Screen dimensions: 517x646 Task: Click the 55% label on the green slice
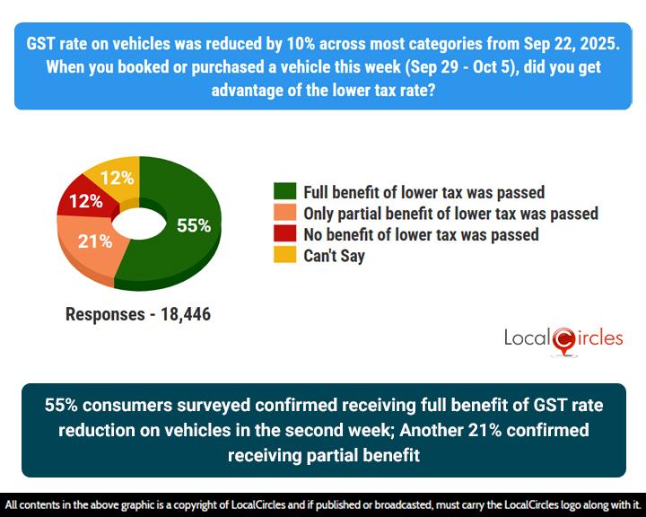coord(193,225)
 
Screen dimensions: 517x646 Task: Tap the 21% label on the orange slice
coord(94,241)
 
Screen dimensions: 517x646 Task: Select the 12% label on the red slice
coord(85,202)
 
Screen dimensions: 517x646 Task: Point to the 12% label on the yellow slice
coord(118,178)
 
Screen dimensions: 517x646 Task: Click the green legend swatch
coord(284,192)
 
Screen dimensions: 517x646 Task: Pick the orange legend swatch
coord(284,214)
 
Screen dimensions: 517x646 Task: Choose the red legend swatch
coord(284,234)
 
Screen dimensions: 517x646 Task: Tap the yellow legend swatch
coord(284,256)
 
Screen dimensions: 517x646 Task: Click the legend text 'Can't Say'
coord(334,256)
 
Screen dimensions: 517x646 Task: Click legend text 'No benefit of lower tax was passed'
coord(421,234)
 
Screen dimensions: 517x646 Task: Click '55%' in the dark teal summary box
coord(63,406)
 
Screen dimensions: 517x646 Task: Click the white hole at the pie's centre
coord(139,223)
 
